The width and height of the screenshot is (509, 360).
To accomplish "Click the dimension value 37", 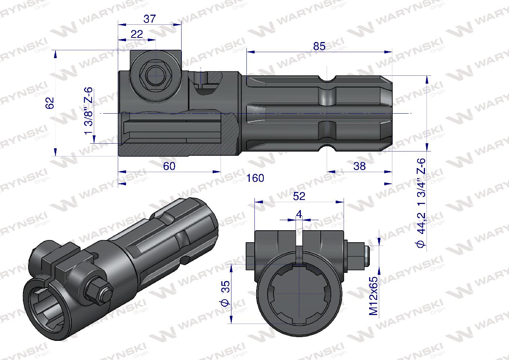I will (149, 19).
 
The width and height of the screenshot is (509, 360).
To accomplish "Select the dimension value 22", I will (137, 34).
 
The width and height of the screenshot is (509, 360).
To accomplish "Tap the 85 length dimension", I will (319, 46).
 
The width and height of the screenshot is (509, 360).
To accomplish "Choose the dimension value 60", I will (169, 166).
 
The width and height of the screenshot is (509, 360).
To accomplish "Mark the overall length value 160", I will (255, 178).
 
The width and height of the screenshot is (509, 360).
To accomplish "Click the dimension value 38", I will (359, 166).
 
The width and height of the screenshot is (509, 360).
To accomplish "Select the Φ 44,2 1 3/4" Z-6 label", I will (422, 202).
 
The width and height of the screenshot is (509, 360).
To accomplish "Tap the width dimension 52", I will (299, 196).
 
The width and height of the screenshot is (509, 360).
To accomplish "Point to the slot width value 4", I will (299, 214).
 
